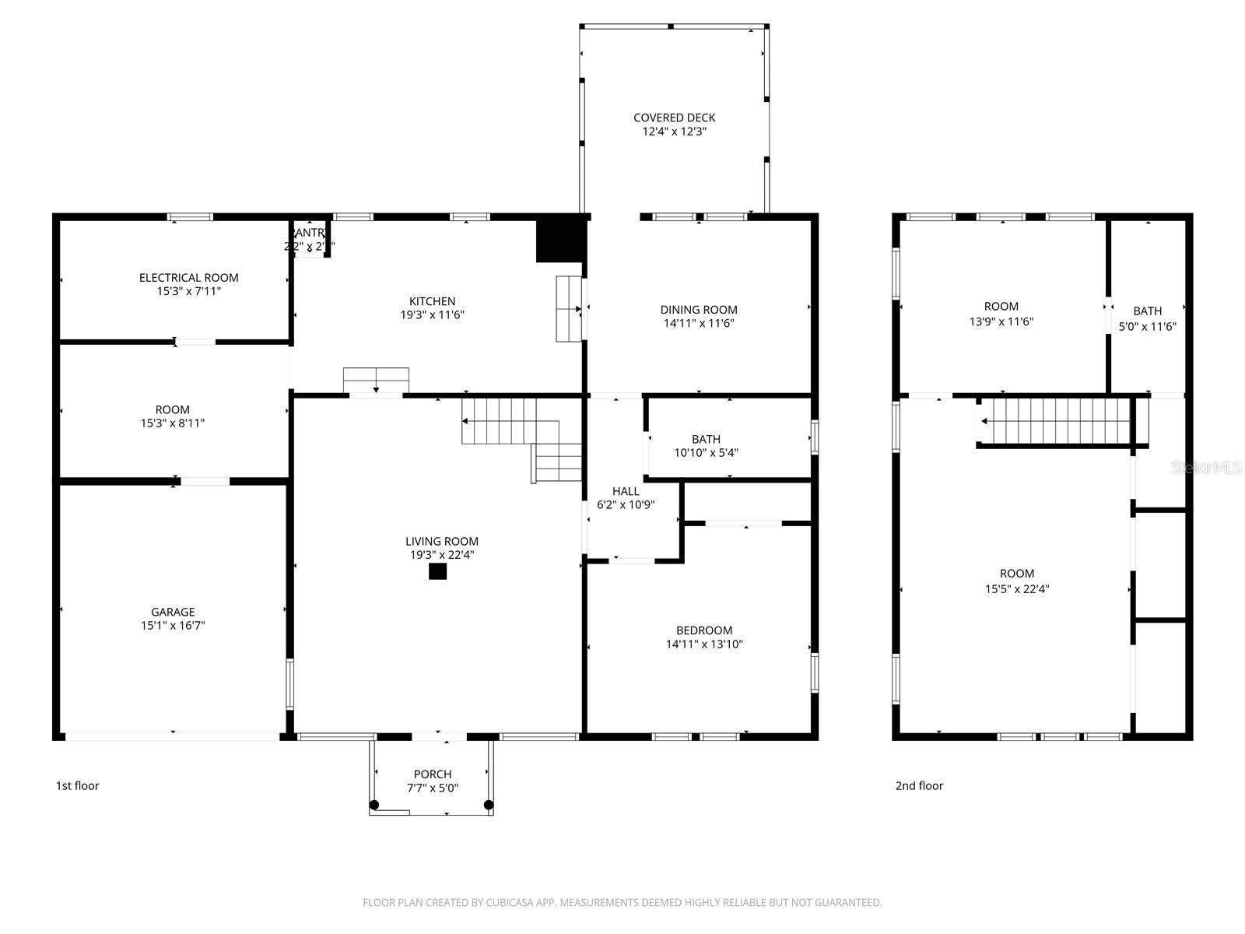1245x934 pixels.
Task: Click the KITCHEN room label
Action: pyautogui.click(x=433, y=301)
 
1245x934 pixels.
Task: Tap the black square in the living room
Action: pyautogui.click(x=438, y=571)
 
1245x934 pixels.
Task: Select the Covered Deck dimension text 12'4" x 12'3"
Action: pyautogui.click(x=674, y=132)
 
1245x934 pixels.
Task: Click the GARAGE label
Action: pyautogui.click(x=173, y=612)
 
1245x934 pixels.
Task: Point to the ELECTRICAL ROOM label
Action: pyautogui.click(x=188, y=277)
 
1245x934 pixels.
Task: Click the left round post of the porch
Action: pyautogui.click(x=374, y=805)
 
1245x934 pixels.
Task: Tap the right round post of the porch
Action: pyautogui.click(x=489, y=805)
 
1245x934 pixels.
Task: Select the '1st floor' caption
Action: pyautogui.click(x=77, y=785)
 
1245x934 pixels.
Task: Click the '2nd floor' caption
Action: pyautogui.click(x=919, y=785)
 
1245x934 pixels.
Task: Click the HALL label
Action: pyautogui.click(x=626, y=491)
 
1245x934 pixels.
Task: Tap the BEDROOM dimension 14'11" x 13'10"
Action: pyautogui.click(x=704, y=644)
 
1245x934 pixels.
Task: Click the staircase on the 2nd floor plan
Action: pyautogui.click(x=1054, y=421)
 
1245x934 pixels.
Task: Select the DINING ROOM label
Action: pyautogui.click(x=699, y=309)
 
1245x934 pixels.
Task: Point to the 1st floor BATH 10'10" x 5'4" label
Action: pyautogui.click(x=706, y=445)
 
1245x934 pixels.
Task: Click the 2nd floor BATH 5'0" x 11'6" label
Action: pyautogui.click(x=1147, y=318)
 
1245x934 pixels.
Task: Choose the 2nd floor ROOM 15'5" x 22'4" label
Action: pyautogui.click(x=1017, y=581)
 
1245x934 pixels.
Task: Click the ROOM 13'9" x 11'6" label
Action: pyautogui.click(x=1001, y=314)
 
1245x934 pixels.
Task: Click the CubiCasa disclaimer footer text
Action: pyautogui.click(x=622, y=903)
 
